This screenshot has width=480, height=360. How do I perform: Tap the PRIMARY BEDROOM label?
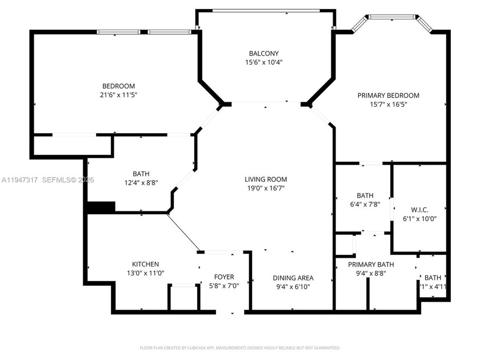click(x=388, y=95)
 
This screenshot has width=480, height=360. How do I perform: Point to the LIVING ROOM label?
click(x=266, y=179)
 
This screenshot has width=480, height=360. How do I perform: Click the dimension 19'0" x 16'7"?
click(x=266, y=188)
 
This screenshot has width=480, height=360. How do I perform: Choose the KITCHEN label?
click(x=145, y=264)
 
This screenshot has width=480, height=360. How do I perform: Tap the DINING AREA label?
click(x=293, y=278)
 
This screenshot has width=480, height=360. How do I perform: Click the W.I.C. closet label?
click(x=419, y=209)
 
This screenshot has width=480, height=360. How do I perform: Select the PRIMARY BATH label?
click(x=371, y=264)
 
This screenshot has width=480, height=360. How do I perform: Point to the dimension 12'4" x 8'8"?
click(x=141, y=183)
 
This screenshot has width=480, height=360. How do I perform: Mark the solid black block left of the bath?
click(x=101, y=206)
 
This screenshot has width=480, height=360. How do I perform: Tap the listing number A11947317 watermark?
click(x=19, y=180)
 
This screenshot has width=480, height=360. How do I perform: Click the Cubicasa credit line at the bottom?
click(x=240, y=347)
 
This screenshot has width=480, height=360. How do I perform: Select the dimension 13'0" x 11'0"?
click(x=145, y=273)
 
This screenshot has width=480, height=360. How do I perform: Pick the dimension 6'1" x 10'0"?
click(x=419, y=218)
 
